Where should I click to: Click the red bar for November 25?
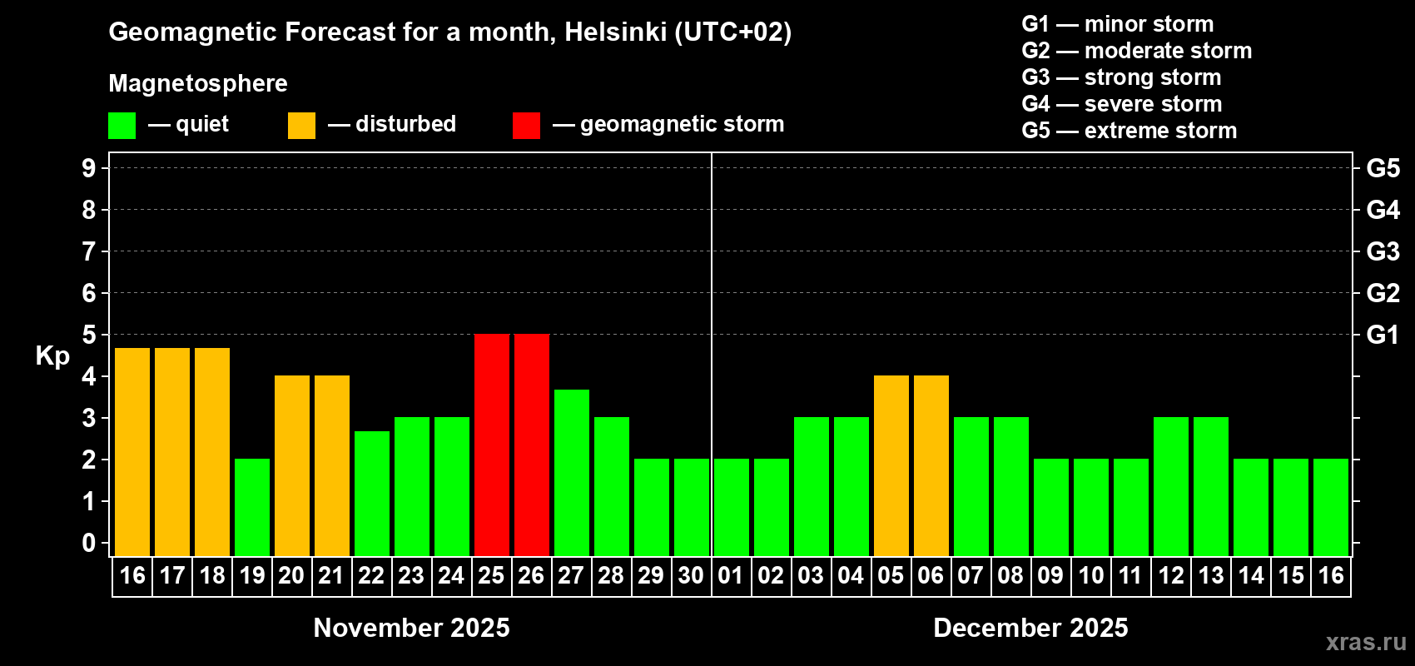(492, 445)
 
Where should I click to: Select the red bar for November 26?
(532, 445)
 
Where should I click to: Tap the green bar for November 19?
(252, 507)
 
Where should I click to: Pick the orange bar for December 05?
(891, 465)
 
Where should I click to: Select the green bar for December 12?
(1171, 486)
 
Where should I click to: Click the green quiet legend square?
(122, 126)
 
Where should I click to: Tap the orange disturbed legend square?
(301, 126)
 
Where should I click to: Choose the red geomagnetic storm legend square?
(526, 126)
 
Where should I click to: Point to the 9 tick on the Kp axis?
(89, 168)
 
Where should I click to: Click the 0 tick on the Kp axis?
(89, 543)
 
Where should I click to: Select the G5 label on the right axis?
(1383, 168)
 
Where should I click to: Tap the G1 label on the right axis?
(1383, 335)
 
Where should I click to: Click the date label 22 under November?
(371, 575)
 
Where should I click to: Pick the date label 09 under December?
(1050, 575)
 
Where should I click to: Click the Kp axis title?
(52, 356)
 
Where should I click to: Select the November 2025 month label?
(411, 628)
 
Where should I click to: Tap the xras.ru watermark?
(1366, 641)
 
